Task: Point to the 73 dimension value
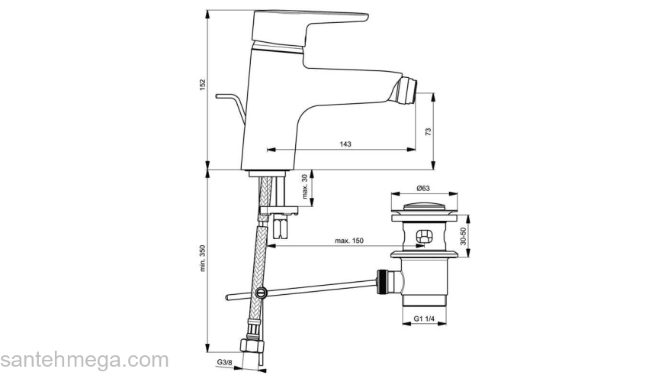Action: [x=428, y=131]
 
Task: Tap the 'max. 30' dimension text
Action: [x=305, y=187]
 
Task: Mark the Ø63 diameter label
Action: [x=423, y=188]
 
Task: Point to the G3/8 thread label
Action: [x=223, y=361]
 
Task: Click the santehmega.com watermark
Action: [x=84, y=360]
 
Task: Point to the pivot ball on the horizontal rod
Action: [x=262, y=292]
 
